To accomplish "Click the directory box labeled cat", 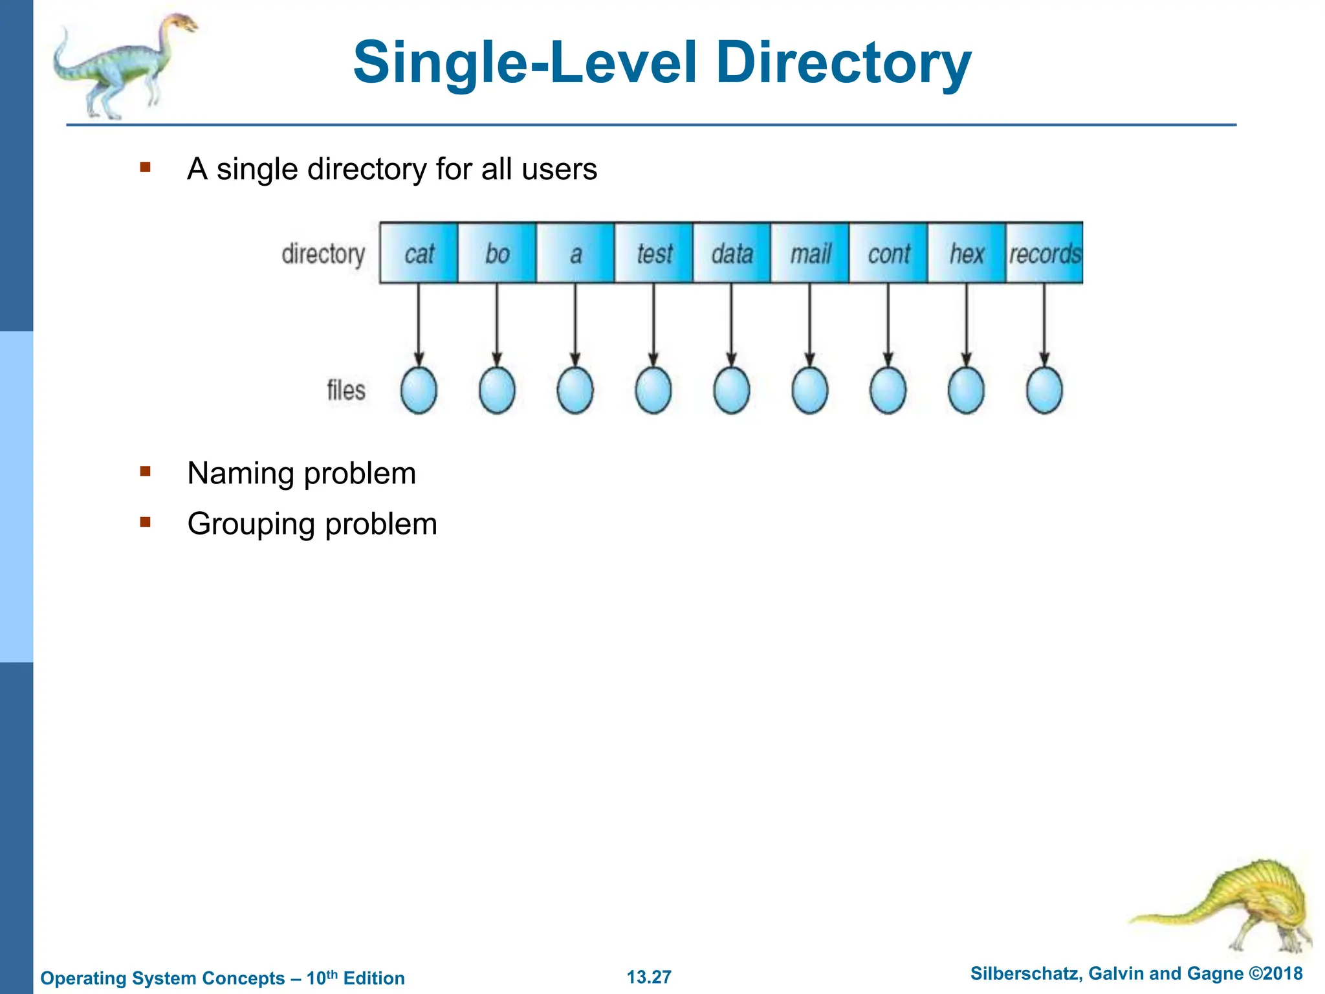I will (x=419, y=253).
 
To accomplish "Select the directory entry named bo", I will (x=497, y=253).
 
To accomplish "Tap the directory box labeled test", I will (x=653, y=253).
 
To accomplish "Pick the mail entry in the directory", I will (x=810, y=253).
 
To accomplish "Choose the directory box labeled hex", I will (x=967, y=253).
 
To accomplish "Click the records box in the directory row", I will (x=1044, y=253).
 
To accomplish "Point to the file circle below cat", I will (x=419, y=390).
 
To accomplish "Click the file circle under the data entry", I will (x=732, y=390).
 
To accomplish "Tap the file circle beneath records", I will (x=1044, y=390).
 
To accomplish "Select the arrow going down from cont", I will (x=888, y=324).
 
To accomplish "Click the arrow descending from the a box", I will (x=575, y=324).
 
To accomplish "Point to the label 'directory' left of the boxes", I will (x=323, y=254).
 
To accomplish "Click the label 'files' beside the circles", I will (x=345, y=390).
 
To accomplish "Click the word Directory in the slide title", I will (x=843, y=63).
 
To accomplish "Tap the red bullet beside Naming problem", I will (x=145, y=472).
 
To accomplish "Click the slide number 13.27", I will (x=649, y=977).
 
